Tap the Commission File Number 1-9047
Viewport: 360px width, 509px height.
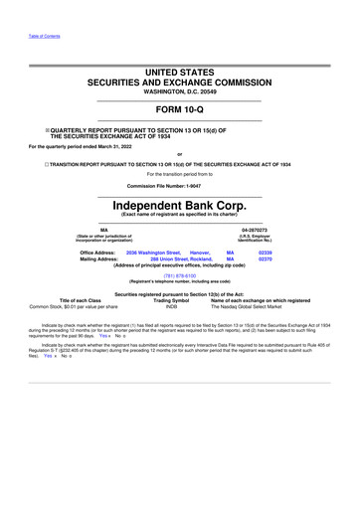(x=179, y=185)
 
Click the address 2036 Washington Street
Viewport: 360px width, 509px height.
(x=153, y=254)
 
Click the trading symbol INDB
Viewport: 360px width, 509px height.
(x=172, y=306)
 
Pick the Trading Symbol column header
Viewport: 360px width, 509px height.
(x=172, y=300)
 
